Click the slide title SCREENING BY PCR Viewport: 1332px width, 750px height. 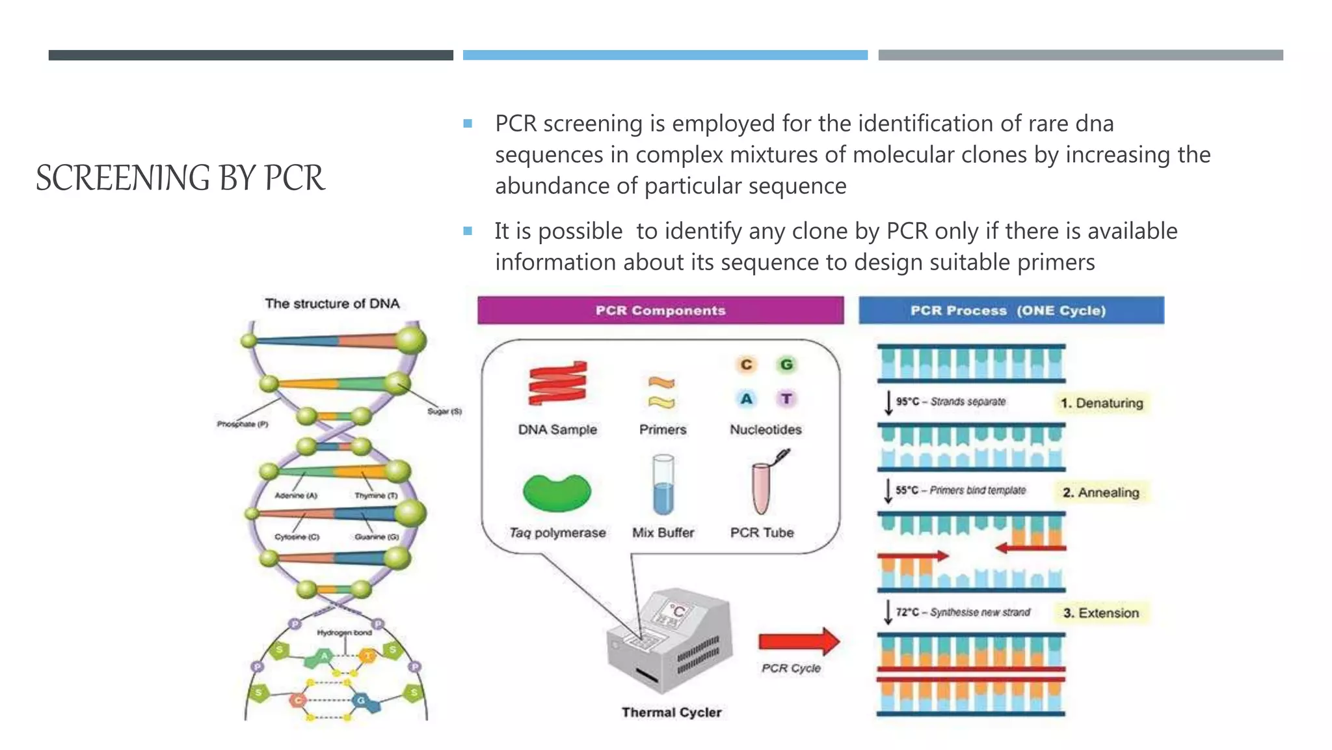coord(180,178)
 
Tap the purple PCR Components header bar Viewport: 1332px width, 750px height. coord(660,311)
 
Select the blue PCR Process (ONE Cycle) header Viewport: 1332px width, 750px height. coord(1011,311)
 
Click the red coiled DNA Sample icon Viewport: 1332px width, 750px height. coord(557,383)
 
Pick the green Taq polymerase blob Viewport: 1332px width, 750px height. coord(557,493)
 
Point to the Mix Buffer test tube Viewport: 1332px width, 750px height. coord(663,486)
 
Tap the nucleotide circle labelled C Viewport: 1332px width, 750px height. coord(746,365)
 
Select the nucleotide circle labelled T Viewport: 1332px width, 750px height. coord(786,398)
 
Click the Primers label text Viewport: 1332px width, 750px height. coord(663,430)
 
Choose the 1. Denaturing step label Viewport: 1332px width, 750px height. coord(1102,403)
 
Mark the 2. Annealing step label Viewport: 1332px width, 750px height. coord(1101,492)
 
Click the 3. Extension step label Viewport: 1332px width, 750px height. coord(1101,613)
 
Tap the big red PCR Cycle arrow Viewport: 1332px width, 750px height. coord(799,642)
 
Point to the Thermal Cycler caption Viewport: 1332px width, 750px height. coord(671,712)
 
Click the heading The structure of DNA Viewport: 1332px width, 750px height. coord(332,303)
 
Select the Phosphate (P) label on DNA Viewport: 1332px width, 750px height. coord(243,424)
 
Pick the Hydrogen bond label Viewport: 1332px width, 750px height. coord(345,632)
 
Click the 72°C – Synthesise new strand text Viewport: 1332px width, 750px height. coord(963,612)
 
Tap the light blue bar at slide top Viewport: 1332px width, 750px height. coord(665,55)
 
